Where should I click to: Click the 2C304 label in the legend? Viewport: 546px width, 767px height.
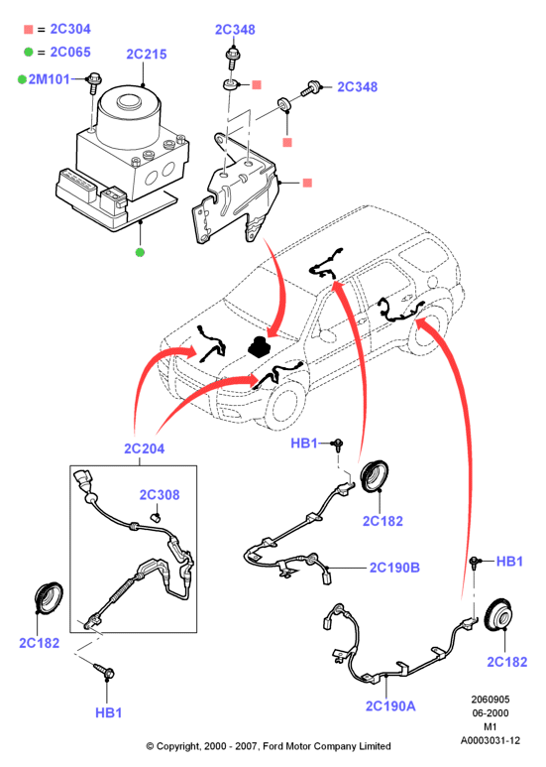pyautogui.click(x=70, y=30)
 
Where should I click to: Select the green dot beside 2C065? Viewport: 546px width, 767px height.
pyautogui.click(x=29, y=52)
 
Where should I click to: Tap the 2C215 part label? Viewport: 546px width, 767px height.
pyautogui.click(x=147, y=55)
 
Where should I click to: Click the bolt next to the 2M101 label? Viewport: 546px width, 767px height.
pyautogui.click(x=93, y=83)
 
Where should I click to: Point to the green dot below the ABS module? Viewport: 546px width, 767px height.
pyautogui.click(x=140, y=252)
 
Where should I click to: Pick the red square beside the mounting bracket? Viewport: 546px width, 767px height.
pyautogui.click(x=307, y=183)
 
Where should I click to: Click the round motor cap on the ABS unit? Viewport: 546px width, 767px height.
pyautogui.click(x=129, y=102)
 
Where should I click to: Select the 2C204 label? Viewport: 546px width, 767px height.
pyautogui.click(x=144, y=448)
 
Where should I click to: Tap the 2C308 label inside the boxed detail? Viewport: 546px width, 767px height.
pyautogui.click(x=160, y=495)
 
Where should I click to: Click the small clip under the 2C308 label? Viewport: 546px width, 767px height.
pyautogui.click(x=156, y=517)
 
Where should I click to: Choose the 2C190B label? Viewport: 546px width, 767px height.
pyautogui.click(x=394, y=568)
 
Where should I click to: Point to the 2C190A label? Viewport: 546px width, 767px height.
pyautogui.click(x=390, y=705)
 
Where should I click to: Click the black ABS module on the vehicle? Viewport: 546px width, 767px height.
pyautogui.click(x=260, y=347)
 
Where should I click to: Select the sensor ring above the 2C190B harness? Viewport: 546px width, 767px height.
pyautogui.click(x=375, y=475)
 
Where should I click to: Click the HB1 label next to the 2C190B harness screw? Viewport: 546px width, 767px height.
pyautogui.click(x=304, y=444)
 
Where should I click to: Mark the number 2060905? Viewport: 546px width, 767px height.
pyautogui.click(x=490, y=700)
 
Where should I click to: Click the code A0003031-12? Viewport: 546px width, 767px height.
pyautogui.click(x=491, y=740)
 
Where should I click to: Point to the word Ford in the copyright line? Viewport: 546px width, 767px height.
pyautogui.click(x=273, y=746)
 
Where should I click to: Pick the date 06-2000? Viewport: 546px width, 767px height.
pyautogui.click(x=491, y=713)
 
